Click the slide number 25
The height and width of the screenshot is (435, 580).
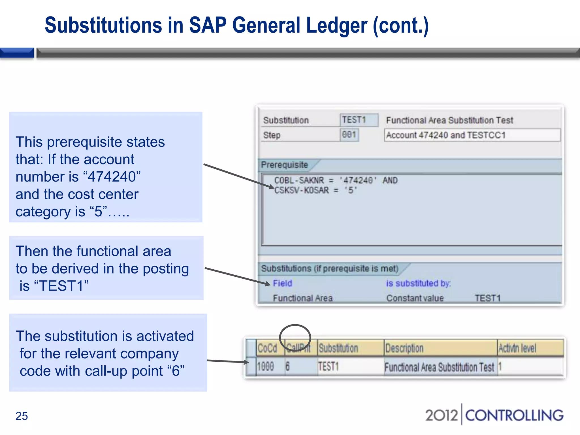(22, 416)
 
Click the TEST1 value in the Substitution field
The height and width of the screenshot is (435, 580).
(354, 120)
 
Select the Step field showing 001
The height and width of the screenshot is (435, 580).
(349, 135)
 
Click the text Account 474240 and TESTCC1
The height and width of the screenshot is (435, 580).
(446, 135)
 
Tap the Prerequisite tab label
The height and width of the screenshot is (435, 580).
(284, 165)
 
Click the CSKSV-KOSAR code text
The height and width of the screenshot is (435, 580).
(301, 190)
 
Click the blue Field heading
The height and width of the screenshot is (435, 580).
(282, 283)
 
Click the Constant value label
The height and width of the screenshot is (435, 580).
(415, 298)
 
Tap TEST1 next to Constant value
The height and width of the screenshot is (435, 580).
(488, 298)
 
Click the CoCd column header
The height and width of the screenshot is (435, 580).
(267, 348)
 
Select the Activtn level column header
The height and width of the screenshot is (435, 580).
(517, 348)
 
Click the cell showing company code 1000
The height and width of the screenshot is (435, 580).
(266, 367)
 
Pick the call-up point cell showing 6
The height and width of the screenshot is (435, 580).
(288, 367)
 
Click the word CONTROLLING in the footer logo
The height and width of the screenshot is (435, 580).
(514, 415)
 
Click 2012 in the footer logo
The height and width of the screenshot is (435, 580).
(441, 415)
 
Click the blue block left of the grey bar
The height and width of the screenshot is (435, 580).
(17, 53)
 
